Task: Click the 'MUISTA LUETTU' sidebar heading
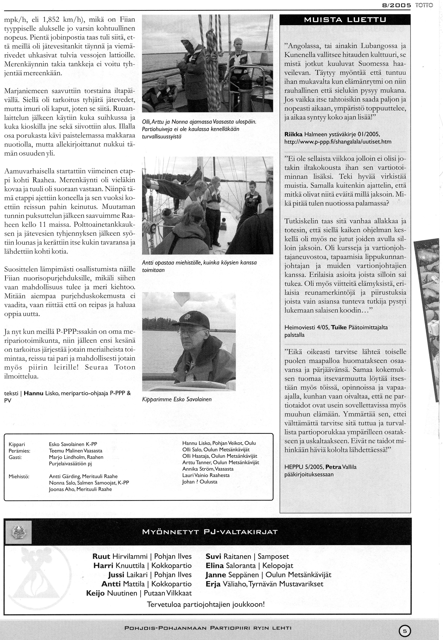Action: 345,20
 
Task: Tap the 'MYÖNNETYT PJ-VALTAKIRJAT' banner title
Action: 210,532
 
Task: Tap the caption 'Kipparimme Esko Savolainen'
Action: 177,399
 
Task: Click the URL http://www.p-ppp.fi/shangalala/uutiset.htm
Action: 338,142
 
